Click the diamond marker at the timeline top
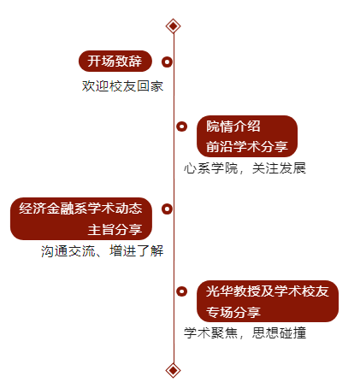[x=174, y=26]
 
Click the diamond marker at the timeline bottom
[x=174, y=371]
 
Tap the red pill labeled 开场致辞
[x=115, y=62]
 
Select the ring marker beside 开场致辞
[x=167, y=62]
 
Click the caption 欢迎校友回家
[x=122, y=86]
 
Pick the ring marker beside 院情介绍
[x=181, y=126]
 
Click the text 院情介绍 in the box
[x=233, y=126]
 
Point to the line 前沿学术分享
[x=247, y=146]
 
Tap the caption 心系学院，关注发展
[x=245, y=168]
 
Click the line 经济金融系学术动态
[x=80, y=209]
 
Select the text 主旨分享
[x=115, y=229]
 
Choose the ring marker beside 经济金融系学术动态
[x=167, y=209]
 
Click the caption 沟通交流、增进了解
[x=103, y=251]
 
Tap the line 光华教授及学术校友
[x=268, y=291]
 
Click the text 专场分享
[x=233, y=312]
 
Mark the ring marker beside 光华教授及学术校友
[x=181, y=291]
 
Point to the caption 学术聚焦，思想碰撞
[x=245, y=332]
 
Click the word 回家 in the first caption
[x=150, y=86]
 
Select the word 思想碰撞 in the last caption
[x=279, y=332]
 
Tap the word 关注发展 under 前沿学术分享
[x=279, y=168]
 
